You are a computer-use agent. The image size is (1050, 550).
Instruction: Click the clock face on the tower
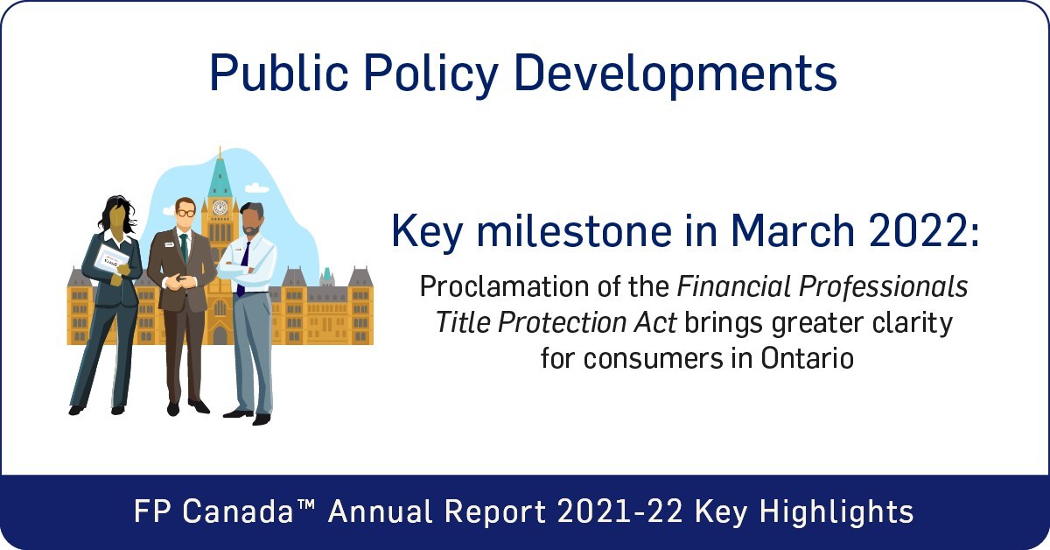pyautogui.click(x=220, y=207)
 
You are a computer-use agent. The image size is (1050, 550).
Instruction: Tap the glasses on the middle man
pyautogui.click(x=185, y=212)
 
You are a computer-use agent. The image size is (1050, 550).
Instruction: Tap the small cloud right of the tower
pyautogui.click(x=257, y=187)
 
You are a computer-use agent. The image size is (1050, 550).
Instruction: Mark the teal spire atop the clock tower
pyautogui.click(x=220, y=171)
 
